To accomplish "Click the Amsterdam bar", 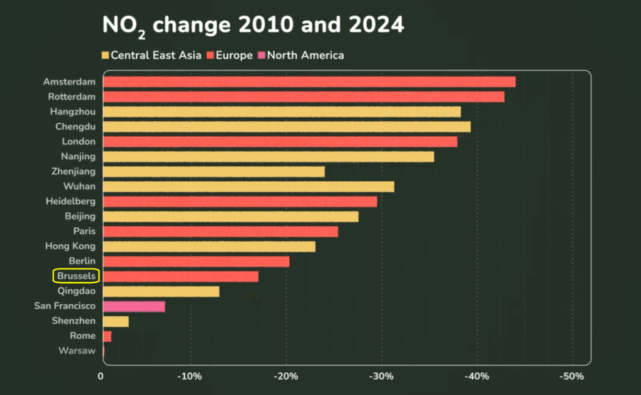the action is click(x=309, y=82).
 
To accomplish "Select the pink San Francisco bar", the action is click(x=134, y=306).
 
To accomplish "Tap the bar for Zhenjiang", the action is click(x=214, y=172).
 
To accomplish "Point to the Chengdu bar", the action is click(x=287, y=127).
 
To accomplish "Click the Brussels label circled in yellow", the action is click(x=76, y=276).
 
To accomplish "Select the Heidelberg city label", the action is click(x=71, y=201).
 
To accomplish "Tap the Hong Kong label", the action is click(x=70, y=246).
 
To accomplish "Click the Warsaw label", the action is click(x=77, y=351).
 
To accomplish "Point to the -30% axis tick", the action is click(x=381, y=376).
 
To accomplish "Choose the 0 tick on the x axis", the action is click(x=101, y=376).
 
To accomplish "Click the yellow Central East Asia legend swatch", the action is click(x=105, y=55).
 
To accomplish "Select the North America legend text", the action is click(x=305, y=55).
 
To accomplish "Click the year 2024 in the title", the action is click(x=376, y=24).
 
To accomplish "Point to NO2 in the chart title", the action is click(x=124, y=26).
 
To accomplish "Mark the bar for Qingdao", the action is click(x=162, y=292).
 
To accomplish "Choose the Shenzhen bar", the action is click(x=116, y=321).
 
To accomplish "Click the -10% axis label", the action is click(x=190, y=376).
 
